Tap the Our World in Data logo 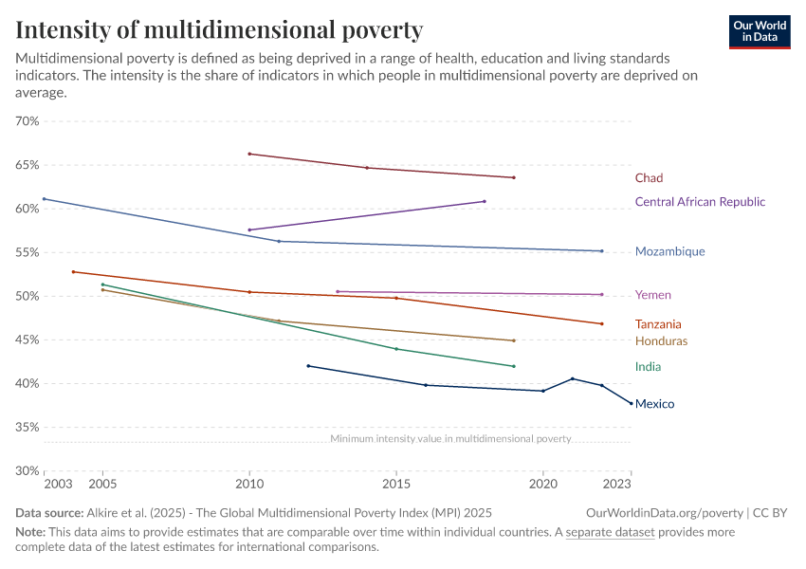click(759, 31)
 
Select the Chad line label click(649, 178)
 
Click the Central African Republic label click(699, 202)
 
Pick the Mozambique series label click(669, 252)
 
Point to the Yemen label click(652, 295)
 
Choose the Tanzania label click(658, 324)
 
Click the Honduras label click(661, 341)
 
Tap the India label click(648, 367)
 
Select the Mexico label click(654, 404)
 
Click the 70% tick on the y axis click(27, 121)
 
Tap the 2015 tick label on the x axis click(396, 485)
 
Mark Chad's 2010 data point click(249, 154)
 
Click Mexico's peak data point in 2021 click(573, 378)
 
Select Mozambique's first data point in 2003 click(44, 199)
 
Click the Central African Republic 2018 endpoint click(485, 201)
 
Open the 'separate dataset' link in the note click(610, 532)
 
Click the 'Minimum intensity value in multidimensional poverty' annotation click(450, 439)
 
